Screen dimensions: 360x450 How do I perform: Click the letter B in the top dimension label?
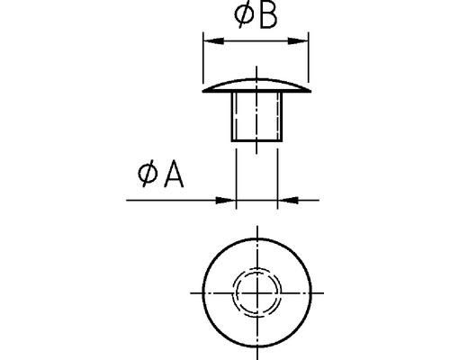267,18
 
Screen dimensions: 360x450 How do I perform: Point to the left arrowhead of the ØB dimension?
211,40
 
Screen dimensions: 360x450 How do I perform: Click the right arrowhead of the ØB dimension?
302,40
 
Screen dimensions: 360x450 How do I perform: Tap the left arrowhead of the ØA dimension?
229,200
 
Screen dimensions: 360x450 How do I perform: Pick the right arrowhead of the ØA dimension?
285,200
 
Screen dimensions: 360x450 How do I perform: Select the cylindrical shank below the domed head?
256,117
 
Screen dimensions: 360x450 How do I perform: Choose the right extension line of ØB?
310,63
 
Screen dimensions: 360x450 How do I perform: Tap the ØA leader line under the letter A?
171,200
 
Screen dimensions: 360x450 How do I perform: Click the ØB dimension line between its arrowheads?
256,40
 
